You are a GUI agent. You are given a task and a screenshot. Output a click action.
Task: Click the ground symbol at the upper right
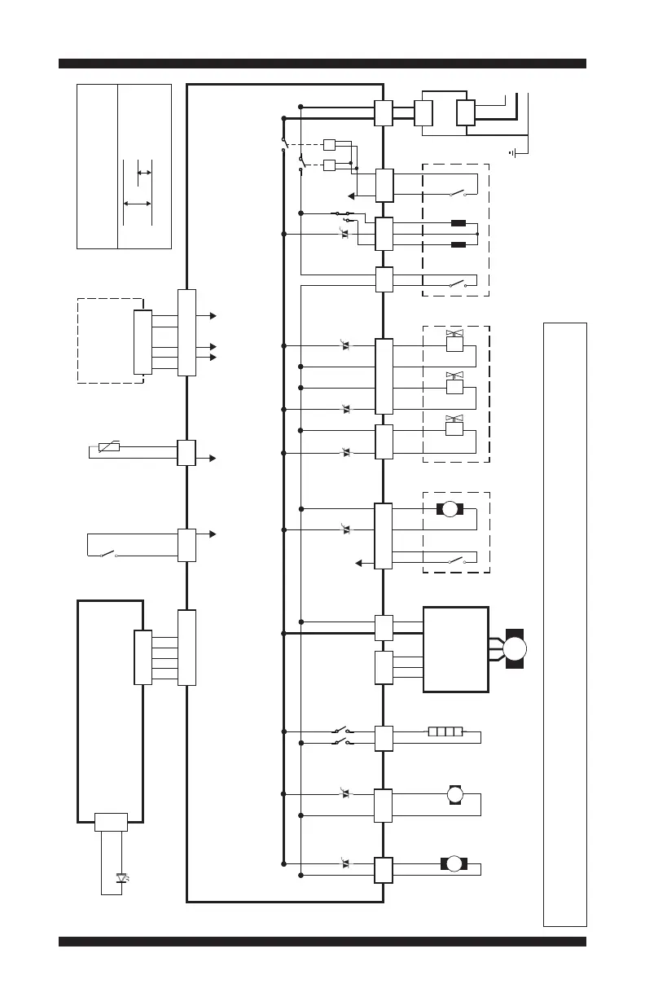click(513, 152)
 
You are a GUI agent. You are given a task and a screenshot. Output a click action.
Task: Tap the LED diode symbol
click(123, 878)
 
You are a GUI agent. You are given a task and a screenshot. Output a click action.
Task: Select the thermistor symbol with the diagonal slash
click(109, 446)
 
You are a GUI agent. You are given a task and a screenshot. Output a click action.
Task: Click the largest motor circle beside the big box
click(515, 649)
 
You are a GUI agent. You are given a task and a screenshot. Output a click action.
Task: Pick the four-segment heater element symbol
click(445, 731)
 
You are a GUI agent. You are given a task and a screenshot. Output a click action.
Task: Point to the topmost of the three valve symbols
click(454, 340)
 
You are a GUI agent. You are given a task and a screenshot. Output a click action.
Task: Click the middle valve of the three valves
click(454, 383)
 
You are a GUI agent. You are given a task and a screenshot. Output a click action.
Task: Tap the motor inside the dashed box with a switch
click(449, 509)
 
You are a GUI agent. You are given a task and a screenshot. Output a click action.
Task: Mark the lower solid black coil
click(458, 244)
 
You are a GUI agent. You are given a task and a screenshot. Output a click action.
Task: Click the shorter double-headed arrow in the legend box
click(143, 173)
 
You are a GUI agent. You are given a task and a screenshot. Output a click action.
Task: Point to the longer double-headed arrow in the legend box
click(137, 203)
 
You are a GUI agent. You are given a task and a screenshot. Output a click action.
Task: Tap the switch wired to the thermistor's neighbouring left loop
click(108, 556)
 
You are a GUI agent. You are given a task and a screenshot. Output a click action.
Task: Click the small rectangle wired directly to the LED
click(110, 822)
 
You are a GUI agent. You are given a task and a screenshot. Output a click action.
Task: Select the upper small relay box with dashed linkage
click(329, 145)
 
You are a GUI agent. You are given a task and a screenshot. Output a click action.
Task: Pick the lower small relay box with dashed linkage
click(329, 166)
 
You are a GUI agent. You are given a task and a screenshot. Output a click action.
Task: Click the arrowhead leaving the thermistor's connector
click(213, 459)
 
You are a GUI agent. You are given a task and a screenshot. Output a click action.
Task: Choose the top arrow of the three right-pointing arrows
click(213, 314)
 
